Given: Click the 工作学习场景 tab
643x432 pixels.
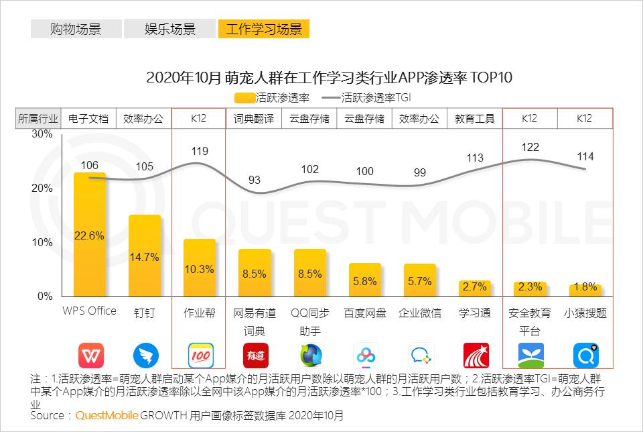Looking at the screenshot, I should tap(263, 29).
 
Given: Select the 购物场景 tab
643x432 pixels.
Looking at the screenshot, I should tap(76, 29).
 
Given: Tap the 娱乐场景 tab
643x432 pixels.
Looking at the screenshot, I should tap(170, 29).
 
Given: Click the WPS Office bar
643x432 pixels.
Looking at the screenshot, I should tap(89, 234).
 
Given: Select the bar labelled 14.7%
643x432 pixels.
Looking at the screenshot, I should tap(145, 256).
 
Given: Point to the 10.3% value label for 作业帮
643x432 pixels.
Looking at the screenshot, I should tap(200, 269).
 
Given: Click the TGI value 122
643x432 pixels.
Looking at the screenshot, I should tap(530, 147).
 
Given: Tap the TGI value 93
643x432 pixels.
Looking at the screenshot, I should tap(255, 179).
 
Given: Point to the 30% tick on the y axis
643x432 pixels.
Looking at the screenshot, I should tap(42, 134).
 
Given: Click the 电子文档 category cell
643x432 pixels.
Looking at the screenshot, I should tap(88, 119).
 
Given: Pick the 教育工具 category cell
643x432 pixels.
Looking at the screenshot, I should tap(475, 119).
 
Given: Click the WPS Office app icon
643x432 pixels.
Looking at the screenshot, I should tap(90, 355).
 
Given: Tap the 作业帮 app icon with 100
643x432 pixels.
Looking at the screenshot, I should tap(200, 355).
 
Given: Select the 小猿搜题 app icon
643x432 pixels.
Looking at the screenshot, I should tap(585, 355).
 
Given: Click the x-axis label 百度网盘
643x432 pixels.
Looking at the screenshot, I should tap(364, 313).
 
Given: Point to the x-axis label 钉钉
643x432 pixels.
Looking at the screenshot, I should tap(145, 313).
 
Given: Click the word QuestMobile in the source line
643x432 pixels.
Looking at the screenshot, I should tap(106, 416).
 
